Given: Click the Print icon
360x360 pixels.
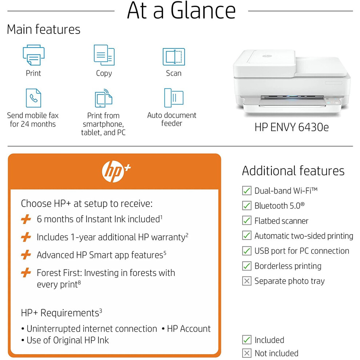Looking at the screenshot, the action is pos(33,55).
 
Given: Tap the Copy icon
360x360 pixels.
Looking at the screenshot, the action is pos(104,55).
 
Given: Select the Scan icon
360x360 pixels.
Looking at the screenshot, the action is pos(174,56).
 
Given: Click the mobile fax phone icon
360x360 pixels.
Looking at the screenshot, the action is pos(33,98).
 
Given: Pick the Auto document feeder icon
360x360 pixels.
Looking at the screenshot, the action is pos(174,98).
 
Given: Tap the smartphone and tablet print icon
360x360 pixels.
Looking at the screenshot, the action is pos(104,98).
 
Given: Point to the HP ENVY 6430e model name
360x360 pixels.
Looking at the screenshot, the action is pos(292,127).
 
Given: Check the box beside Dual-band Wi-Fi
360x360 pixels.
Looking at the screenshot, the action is pos(247,191).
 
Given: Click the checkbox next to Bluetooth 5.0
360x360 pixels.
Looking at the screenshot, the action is pos(247,205).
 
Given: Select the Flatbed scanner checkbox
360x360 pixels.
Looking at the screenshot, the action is pos(247,220).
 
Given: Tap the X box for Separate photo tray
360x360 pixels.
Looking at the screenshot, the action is pos(247,281).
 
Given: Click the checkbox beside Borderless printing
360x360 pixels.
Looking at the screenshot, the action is pos(247,266).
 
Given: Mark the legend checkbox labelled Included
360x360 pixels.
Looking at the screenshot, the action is pos(247,340).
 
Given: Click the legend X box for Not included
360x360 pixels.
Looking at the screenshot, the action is pos(247,353).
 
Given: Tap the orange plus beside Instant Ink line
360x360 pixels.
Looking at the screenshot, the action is pos(26,219).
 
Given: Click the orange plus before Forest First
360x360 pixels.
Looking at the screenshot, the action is pos(26,273).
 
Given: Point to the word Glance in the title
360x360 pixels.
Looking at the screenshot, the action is pos(203,11).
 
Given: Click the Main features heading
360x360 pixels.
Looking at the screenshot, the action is pos(44,29).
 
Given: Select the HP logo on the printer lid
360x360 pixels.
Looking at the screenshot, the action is pos(267,56).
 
